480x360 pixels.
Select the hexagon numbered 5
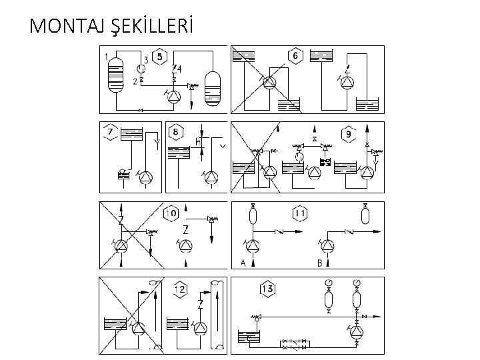[x=159, y=56]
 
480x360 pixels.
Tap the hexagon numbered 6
[x=295, y=55]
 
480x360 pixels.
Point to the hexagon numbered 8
[x=175, y=132]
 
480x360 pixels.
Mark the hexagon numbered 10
[x=171, y=213]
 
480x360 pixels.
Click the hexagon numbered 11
[x=301, y=214]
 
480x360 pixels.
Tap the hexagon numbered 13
[x=267, y=289]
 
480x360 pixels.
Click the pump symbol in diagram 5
[x=174, y=97]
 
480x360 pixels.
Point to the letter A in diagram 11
[x=243, y=263]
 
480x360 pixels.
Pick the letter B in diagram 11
[x=320, y=263]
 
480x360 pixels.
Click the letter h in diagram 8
[x=197, y=141]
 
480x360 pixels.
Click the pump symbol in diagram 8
[x=211, y=177]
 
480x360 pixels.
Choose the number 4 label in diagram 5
[x=179, y=69]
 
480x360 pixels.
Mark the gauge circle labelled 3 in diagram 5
[x=140, y=69]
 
